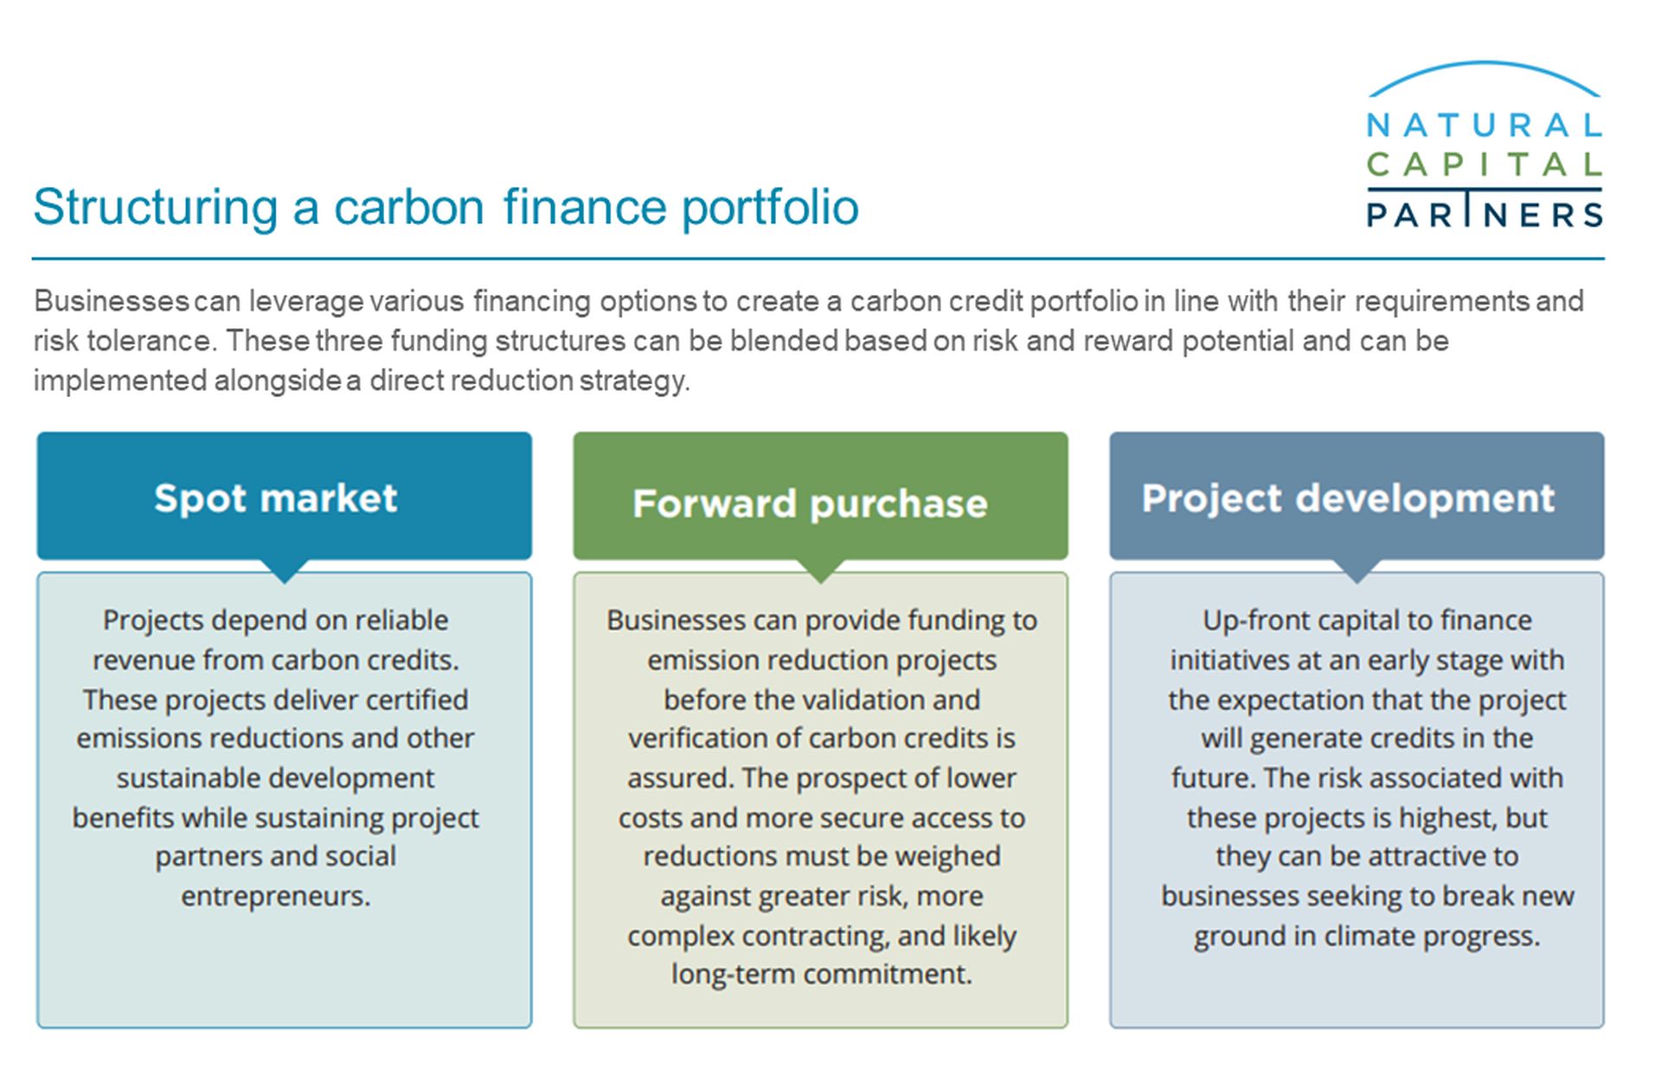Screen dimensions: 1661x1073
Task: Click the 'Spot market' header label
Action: pos(275,499)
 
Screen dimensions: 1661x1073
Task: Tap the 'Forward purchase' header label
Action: pos(810,504)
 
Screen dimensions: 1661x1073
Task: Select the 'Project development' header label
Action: pos(1348,499)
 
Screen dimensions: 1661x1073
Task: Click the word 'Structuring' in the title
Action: pos(156,208)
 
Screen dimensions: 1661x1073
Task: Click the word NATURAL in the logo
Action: pos(1485,126)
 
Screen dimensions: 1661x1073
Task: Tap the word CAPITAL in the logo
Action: pos(1485,164)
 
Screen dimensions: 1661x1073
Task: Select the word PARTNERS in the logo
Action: pos(1485,214)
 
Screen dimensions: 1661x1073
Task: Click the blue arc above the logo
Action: pos(1485,63)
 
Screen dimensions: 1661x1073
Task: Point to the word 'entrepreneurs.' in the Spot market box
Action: pos(276,896)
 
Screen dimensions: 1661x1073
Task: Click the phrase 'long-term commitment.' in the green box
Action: pos(822,974)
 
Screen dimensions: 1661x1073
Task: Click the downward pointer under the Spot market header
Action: pos(285,570)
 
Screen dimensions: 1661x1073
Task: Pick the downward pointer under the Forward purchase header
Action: pos(821,570)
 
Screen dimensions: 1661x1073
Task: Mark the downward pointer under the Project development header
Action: pos(1357,570)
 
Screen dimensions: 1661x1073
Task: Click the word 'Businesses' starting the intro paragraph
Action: pos(112,301)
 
